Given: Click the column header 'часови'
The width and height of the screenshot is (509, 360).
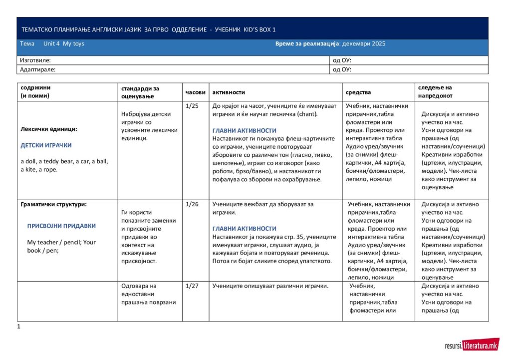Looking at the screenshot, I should tap(195, 92).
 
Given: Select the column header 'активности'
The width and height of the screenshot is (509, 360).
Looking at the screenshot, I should tap(229, 92).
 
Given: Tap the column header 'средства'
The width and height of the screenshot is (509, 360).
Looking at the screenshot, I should tap(358, 92).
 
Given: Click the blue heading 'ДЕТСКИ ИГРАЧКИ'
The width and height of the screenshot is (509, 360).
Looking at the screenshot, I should tap(46, 145).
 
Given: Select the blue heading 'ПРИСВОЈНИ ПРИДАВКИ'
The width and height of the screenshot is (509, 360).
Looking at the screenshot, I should tap(61, 226).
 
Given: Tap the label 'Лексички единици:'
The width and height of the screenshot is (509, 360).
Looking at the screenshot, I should tap(49, 129).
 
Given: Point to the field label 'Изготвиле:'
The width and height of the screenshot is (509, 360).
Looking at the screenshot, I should tap(35, 60).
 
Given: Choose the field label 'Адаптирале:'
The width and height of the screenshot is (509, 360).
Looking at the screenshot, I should tap(37, 70).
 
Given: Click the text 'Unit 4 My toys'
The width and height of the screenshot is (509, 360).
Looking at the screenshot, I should tap(64, 44).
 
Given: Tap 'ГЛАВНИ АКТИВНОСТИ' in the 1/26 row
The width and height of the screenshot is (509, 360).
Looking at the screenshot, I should tap(244, 229).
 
